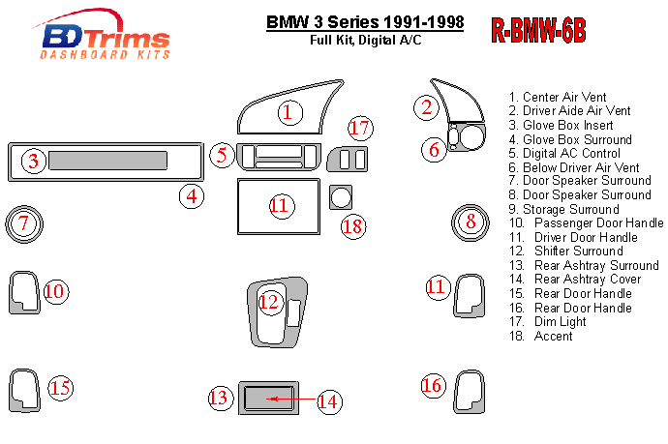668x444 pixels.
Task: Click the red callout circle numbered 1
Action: click(288, 113)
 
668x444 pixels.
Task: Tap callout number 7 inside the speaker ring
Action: click(24, 224)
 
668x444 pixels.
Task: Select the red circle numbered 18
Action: click(353, 226)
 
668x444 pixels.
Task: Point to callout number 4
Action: click(192, 196)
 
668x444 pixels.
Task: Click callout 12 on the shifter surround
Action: click(269, 303)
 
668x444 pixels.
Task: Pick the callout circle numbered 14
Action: click(328, 400)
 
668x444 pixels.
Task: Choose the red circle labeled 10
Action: click(55, 291)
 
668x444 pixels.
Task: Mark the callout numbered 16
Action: click(432, 386)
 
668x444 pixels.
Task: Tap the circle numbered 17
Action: click(360, 128)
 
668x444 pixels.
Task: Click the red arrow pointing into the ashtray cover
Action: click(290, 399)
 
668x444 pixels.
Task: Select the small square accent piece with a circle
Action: click(340, 197)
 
